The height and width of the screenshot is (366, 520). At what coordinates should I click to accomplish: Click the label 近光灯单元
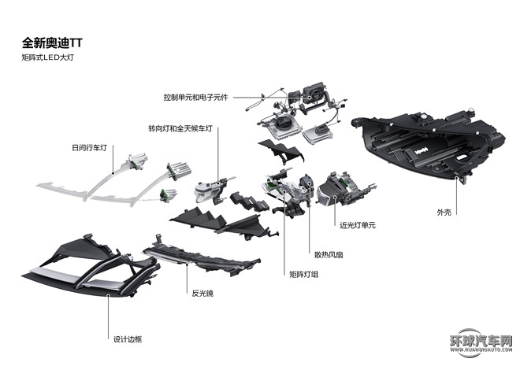coord(358,225)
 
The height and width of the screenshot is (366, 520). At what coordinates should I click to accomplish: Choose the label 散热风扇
coord(325,254)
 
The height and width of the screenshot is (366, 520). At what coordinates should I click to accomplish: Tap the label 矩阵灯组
coord(304,274)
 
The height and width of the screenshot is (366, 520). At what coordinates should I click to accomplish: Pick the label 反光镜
coord(202,292)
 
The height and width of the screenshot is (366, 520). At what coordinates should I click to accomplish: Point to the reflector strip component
coord(201,255)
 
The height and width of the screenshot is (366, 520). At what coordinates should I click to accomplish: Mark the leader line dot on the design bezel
coord(110,294)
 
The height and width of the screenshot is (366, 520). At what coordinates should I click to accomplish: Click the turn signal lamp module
coord(209,189)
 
